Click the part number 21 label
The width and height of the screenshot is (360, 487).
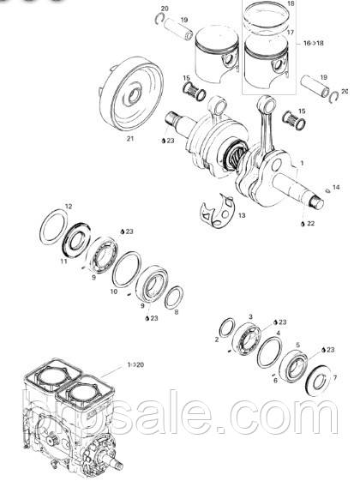click(129, 138)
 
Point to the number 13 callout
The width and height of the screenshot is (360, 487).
click(242, 216)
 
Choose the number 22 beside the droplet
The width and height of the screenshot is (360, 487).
click(311, 223)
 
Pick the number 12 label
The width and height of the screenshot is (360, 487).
click(69, 207)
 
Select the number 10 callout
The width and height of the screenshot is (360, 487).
click(114, 292)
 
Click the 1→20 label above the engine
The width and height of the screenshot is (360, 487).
click(135, 364)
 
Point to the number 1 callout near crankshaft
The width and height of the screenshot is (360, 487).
click(302, 161)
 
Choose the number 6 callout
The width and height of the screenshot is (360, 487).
click(275, 380)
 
